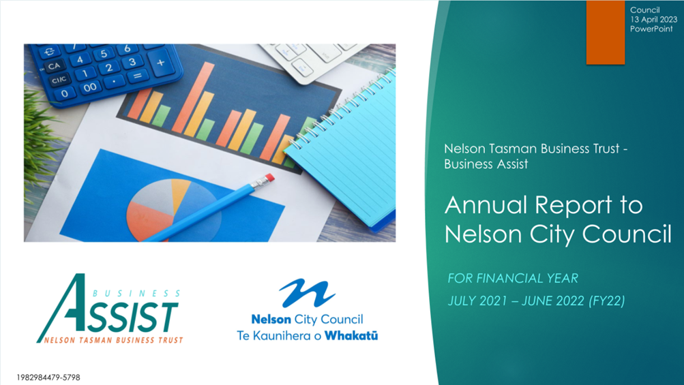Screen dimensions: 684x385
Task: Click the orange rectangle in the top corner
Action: click(605, 32)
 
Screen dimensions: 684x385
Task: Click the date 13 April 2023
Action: click(653, 19)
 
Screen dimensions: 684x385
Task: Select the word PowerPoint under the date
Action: click(651, 29)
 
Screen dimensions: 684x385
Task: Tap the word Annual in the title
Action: click(486, 204)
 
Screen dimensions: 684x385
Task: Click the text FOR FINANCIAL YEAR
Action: click(513, 278)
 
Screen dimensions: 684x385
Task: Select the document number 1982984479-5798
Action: click(48, 378)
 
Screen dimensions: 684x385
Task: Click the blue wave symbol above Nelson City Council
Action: click(308, 293)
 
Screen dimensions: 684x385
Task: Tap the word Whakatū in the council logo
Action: click(351, 336)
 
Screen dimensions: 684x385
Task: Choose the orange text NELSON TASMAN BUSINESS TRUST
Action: click(113, 340)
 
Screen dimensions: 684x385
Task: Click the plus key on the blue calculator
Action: click(161, 63)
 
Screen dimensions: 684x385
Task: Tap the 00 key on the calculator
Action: click(90, 88)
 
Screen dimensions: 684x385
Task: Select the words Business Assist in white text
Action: click(486, 164)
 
